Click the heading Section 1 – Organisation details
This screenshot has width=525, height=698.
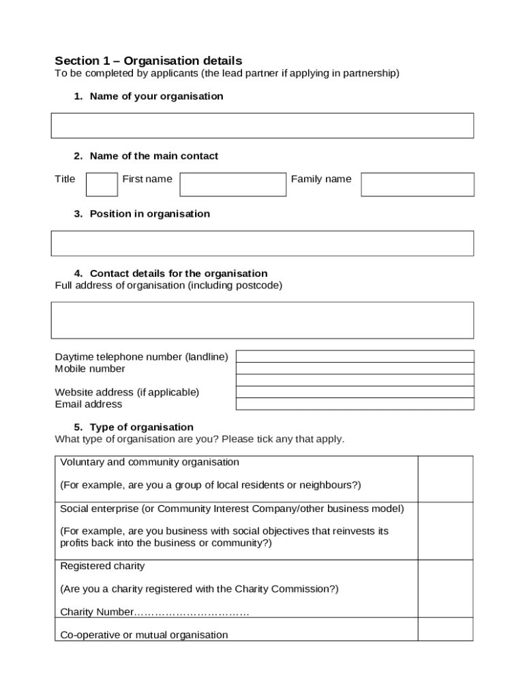tap(148, 61)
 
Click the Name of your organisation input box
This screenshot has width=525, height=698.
tap(262, 126)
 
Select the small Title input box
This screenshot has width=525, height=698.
tap(102, 184)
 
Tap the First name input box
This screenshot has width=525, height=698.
tap(232, 184)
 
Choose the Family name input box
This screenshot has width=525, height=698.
tap(417, 184)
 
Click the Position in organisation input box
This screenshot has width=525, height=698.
tap(262, 243)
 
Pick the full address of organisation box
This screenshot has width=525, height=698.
tap(262, 320)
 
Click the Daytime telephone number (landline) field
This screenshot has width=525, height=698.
tap(355, 356)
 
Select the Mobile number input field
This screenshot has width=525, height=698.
tap(355, 368)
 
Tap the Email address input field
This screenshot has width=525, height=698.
tap(355, 404)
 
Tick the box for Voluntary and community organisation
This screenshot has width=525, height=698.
tap(445, 479)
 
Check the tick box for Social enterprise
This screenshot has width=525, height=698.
tap(445, 531)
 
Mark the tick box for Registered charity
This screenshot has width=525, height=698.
tap(445, 588)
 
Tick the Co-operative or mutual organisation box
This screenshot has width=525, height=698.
tap(445, 629)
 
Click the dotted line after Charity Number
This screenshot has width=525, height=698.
tap(192, 612)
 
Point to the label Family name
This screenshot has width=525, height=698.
tap(321, 179)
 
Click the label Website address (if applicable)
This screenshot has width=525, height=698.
tap(127, 393)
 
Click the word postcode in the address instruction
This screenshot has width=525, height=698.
tap(258, 286)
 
